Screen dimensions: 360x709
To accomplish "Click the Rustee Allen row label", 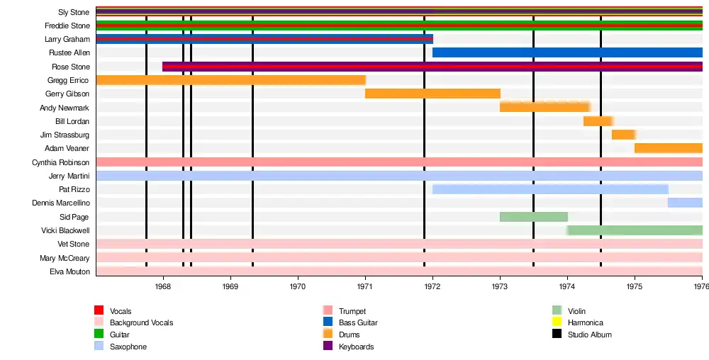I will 69,53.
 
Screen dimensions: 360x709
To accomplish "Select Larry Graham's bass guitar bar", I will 264,39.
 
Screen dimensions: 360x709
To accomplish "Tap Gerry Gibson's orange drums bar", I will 432,94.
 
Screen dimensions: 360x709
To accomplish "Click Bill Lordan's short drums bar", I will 598,121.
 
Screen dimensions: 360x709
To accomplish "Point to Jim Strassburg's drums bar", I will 623,135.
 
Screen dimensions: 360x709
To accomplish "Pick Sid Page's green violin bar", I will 533,217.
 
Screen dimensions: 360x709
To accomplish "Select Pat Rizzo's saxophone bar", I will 550,189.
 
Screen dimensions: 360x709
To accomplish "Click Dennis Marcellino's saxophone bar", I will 684,203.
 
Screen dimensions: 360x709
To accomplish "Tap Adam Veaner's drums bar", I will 668,148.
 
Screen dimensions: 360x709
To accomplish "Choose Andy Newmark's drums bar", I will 545,107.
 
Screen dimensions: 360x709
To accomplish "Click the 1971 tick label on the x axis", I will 365,286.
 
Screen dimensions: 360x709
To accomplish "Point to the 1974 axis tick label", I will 567,286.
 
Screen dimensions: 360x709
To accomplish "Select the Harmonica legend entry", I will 585,323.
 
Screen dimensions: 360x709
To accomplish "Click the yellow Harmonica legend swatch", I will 557,322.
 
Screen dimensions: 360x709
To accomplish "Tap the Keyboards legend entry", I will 356,347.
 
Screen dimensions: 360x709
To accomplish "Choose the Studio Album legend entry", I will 589,334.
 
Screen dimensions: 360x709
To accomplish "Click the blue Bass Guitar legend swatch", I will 328,322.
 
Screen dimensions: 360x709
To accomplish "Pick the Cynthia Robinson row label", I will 61,162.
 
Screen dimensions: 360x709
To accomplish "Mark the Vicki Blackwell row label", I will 65,230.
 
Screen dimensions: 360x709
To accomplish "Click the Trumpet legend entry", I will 352,311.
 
